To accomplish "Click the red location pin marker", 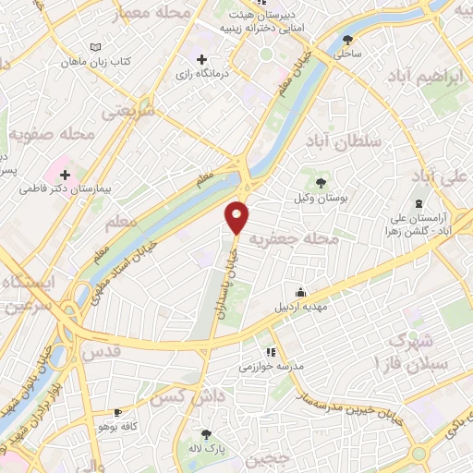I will tap(238, 215).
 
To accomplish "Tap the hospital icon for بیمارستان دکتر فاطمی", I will tap(65, 174).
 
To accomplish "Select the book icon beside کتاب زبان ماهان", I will tap(98, 47).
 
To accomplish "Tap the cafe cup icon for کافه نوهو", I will tap(117, 413).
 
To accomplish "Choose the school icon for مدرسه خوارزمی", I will tap(270, 351).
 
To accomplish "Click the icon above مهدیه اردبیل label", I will tap(297, 292).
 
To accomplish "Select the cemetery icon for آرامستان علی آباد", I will tap(418, 202).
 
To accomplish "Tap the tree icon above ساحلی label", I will tap(347, 40).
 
